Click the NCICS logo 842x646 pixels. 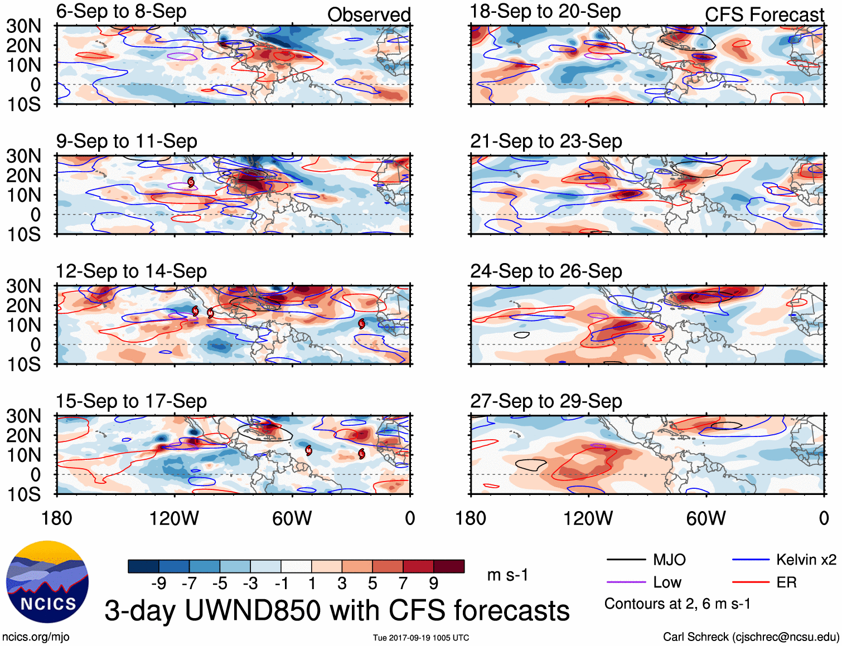(x=47, y=581)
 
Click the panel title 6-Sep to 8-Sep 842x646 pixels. (x=121, y=12)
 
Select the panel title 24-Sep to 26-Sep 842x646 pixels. (x=546, y=271)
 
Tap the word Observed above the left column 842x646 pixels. (x=369, y=14)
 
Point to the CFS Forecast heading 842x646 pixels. (x=764, y=14)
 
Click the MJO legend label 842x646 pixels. (x=669, y=560)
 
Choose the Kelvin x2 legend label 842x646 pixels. (x=806, y=560)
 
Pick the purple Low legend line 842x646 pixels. (x=626, y=582)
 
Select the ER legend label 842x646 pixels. (x=786, y=582)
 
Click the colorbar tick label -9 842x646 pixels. (x=159, y=584)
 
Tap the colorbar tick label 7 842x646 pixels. (x=403, y=584)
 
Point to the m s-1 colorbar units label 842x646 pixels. (x=507, y=575)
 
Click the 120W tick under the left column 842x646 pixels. (x=174, y=518)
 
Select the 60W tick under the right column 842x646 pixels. (x=706, y=518)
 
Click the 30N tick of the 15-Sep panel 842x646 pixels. (x=23, y=416)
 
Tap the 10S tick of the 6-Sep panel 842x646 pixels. (x=23, y=104)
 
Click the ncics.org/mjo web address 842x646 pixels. (x=36, y=637)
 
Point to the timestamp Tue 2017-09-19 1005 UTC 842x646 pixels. (x=421, y=638)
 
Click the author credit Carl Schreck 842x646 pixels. (x=751, y=637)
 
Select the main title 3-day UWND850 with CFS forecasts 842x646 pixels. (x=337, y=610)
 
